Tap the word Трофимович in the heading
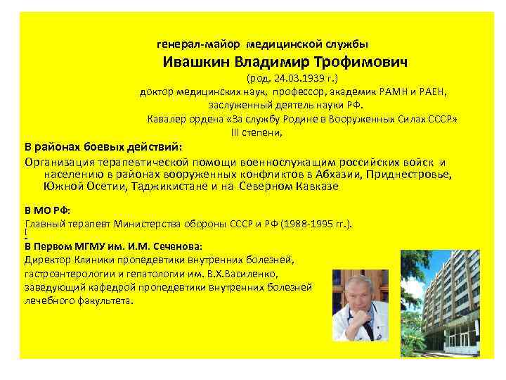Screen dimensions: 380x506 click(x=365, y=62)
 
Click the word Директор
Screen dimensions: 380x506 click(x=47, y=260)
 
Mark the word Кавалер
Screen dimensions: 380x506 click(x=168, y=119)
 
